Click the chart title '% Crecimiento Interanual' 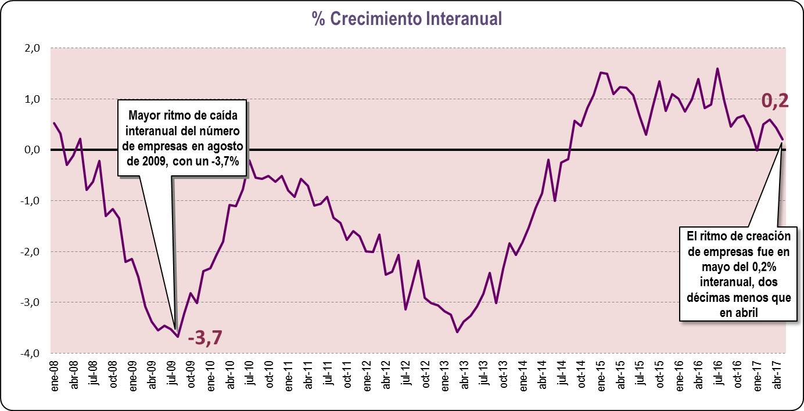406,19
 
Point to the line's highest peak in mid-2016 717,68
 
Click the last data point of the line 783,139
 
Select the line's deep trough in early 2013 457,332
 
